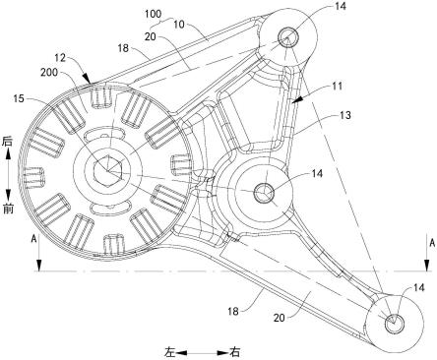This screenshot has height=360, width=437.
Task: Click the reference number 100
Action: [x=154, y=14]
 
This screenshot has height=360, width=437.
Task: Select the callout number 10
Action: [x=179, y=25]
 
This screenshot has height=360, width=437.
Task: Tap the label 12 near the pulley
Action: [x=60, y=59]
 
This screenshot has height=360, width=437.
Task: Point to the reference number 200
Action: [x=49, y=72]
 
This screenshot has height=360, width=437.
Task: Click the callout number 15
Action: [x=19, y=98]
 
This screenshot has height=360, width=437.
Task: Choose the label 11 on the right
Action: [x=337, y=86]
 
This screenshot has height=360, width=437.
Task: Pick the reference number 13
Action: [x=345, y=115]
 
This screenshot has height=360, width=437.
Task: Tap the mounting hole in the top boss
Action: [x=288, y=37]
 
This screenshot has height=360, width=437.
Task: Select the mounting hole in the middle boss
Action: [x=264, y=192]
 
